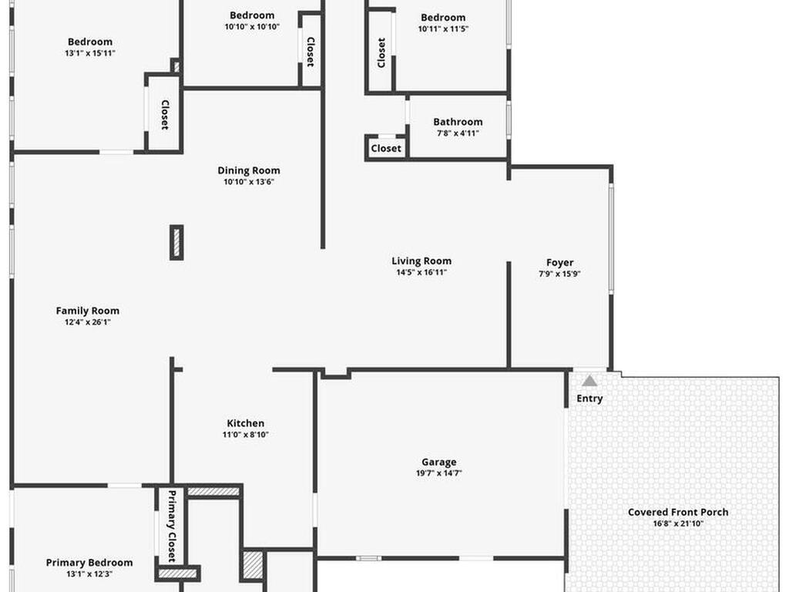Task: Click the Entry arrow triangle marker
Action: tap(589, 381)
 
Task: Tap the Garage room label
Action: tap(438, 462)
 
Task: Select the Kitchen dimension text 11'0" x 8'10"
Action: tap(247, 435)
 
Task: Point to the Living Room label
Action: tap(421, 261)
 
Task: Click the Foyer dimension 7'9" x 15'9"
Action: tap(559, 274)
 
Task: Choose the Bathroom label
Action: tap(458, 122)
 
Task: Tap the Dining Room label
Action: tap(249, 170)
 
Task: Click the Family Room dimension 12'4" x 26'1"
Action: tap(88, 322)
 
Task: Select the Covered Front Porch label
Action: tap(677, 512)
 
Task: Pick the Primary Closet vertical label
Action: tap(172, 526)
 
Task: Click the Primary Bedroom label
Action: tap(89, 563)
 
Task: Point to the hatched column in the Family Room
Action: tap(176, 242)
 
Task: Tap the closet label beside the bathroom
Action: tap(386, 148)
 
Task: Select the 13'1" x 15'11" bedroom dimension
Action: tap(90, 53)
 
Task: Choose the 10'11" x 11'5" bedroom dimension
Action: tap(443, 29)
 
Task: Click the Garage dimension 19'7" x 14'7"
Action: tap(438, 473)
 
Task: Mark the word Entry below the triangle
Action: tap(589, 399)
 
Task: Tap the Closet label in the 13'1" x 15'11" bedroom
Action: tap(164, 116)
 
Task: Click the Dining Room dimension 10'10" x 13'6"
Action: tap(249, 182)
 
